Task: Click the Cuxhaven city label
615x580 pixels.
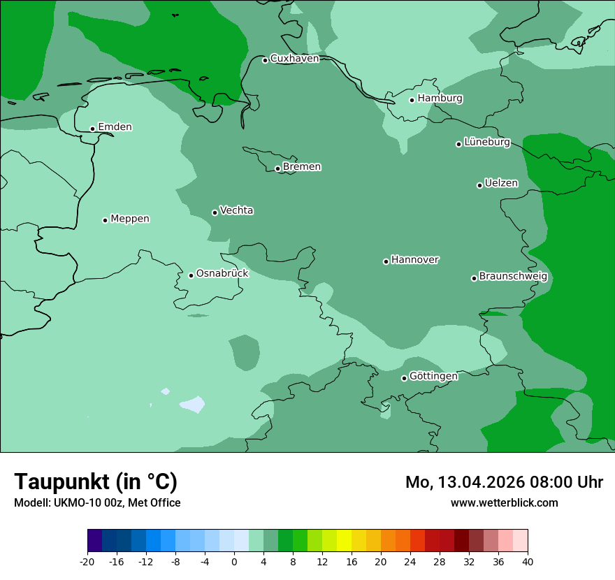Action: point(294,59)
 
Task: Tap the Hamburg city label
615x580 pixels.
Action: point(440,99)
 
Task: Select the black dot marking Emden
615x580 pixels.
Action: point(92,129)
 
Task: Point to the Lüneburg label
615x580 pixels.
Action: point(487,143)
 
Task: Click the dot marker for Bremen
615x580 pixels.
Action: point(277,168)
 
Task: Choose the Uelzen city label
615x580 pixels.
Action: point(501,184)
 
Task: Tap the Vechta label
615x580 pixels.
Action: point(236,210)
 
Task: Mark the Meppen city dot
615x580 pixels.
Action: point(105,220)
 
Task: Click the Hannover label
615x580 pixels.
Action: point(414,260)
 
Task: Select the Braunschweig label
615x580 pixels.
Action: point(513,277)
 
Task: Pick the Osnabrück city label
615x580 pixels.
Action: point(222,273)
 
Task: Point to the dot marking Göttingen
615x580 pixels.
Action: point(404,378)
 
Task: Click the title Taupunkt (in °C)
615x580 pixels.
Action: point(96,481)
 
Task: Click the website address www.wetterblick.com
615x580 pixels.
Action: point(504,503)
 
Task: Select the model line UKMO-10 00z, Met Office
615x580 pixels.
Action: point(97,503)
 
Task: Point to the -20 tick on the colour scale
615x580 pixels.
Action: point(87,562)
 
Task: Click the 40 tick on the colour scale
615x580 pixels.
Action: point(528,562)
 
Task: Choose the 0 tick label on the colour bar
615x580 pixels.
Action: point(234,562)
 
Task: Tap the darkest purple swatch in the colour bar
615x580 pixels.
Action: point(95,541)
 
